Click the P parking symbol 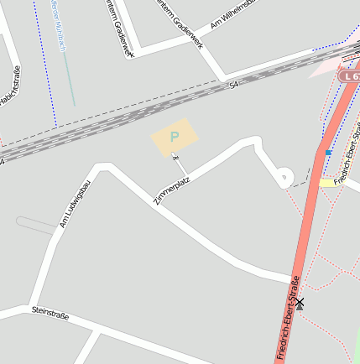175,137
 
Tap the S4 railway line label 233,84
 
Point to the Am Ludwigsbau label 75,204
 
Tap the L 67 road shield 349,76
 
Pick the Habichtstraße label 9,91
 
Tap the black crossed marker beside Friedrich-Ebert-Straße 300,303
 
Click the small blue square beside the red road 328,153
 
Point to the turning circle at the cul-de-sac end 284,176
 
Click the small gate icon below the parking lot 175,157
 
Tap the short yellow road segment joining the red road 327,183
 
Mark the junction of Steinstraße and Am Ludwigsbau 33,307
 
